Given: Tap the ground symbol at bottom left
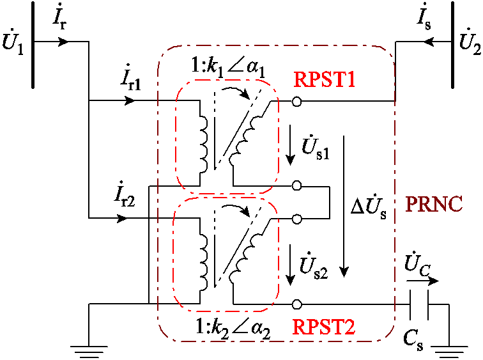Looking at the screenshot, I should pos(89,348).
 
